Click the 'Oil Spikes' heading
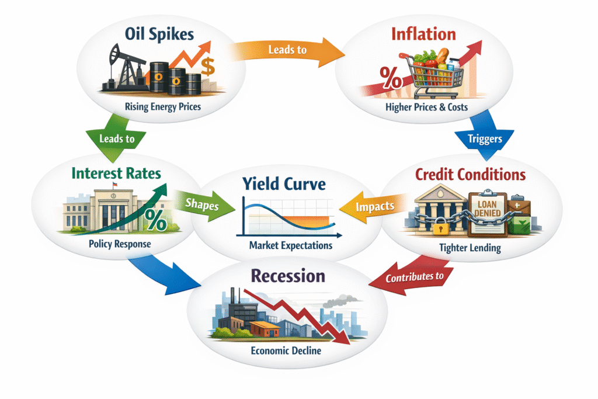159,34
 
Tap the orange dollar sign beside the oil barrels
208,67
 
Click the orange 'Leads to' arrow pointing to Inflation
287,51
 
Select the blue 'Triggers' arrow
484,136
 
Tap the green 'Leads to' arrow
116,137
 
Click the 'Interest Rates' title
116,174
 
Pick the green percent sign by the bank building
155,220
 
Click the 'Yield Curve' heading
284,184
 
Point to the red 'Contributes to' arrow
412,275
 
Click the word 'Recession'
288,276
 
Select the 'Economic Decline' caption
286,351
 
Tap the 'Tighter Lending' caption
470,248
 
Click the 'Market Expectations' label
291,245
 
